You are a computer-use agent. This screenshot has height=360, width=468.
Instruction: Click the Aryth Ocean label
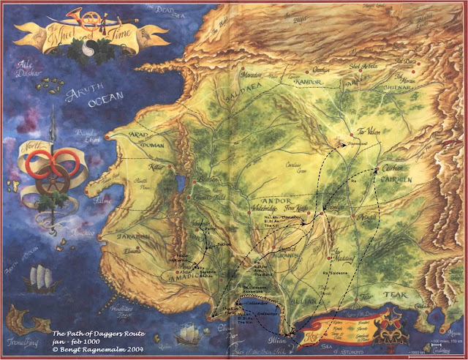86,100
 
